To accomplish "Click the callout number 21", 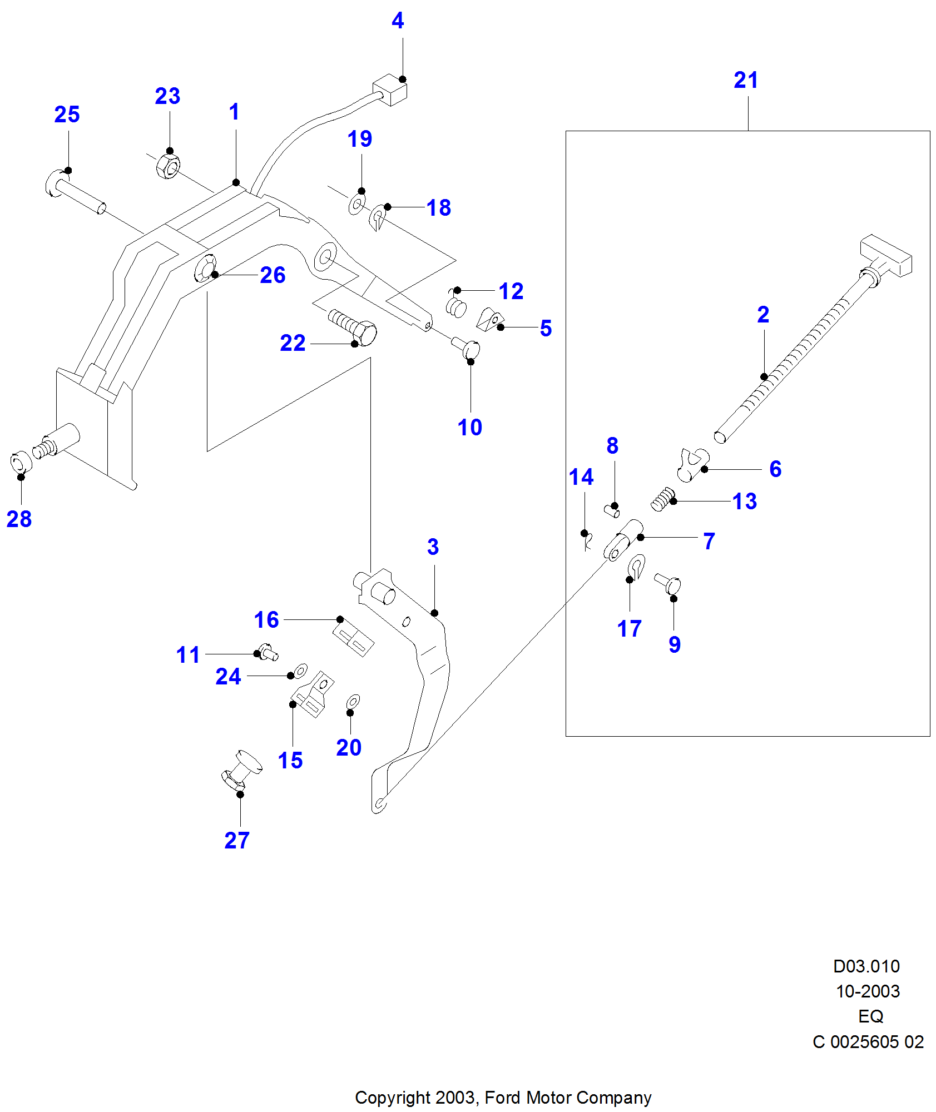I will (x=746, y=81).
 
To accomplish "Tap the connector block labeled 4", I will (x=391, y=90).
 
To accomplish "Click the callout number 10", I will (x=469, y=428).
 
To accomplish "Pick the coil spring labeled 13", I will (x=662, y=499).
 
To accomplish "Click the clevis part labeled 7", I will (x=622, y=541).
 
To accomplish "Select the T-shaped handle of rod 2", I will (x=885, y=256).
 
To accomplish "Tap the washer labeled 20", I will (x=353, y=702).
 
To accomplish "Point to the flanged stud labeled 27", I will (x=241, y=770).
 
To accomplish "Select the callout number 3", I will (x=433, y=547).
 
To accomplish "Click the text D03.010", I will (x=866, y=966).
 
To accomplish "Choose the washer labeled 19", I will (x=356, y=204).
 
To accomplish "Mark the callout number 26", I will (x=273, y=275).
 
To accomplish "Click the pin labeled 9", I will (x=668, y=584).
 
